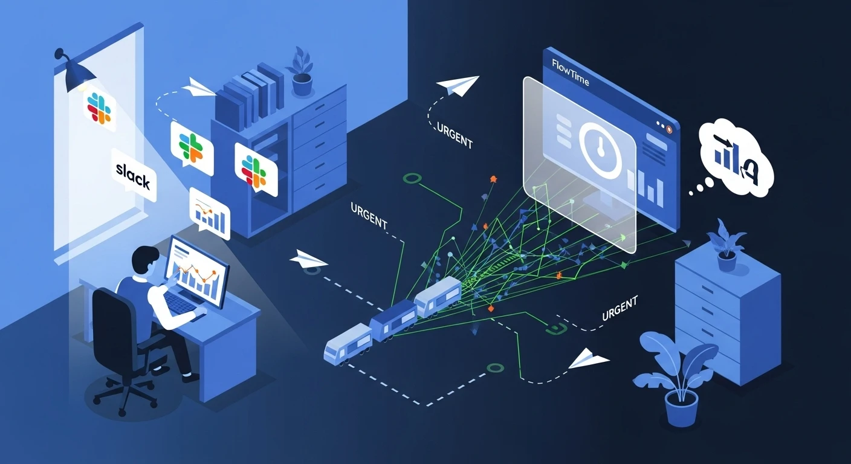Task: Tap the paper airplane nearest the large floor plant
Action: (588, 359)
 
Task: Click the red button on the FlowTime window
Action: (668, 129)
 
